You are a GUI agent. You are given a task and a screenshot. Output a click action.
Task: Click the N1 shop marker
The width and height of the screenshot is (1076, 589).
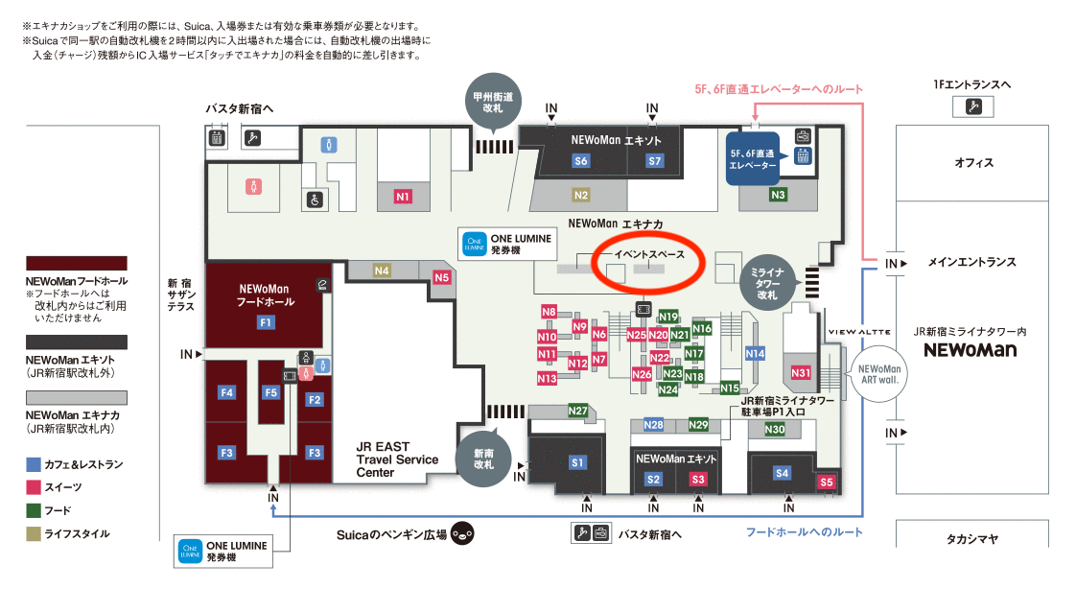pyautogui.click(x=403, y=197)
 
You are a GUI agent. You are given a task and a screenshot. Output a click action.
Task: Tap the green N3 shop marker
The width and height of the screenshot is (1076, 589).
pyautogui.click(x=779, y=195)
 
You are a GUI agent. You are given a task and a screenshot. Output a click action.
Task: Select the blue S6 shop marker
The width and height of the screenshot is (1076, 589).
pyautogui.click(x=581, y=161)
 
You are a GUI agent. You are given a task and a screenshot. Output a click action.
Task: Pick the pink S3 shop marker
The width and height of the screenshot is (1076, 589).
pyautogui.click(x=698, y=479)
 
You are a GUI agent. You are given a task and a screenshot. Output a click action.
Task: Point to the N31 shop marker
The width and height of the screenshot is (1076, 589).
pyautogui.click(x=801, y=372)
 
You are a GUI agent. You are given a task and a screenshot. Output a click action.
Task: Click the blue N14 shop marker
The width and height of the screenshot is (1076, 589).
pyautogui.click(x=755, y=354)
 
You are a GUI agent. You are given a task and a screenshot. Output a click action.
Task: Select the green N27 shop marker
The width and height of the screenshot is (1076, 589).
pyautogui.click(x=577, y=411)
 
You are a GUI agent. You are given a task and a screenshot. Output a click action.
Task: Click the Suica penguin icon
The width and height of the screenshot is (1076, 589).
pyautogui.click(x=462, y=533)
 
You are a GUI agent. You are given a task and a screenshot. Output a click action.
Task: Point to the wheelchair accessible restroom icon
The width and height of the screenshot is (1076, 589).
pyautogui.click(x=314, y=200)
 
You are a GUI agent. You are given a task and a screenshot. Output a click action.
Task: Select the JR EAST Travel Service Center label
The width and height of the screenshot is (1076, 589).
pyautogui.click(x=397, y=459)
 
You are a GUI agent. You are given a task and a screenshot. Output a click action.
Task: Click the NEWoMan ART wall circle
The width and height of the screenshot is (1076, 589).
pyautogui.click(x=879, y=372)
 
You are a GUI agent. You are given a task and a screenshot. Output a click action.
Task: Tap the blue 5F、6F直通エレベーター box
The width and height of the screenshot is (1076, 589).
pyautogui.click(x=753, y=160)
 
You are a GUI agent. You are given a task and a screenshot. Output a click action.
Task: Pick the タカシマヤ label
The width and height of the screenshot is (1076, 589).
pyautogui.click(x=973, y=539)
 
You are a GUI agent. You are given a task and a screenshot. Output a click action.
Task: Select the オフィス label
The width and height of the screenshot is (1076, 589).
pyautogui.click(x=973, y=162)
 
